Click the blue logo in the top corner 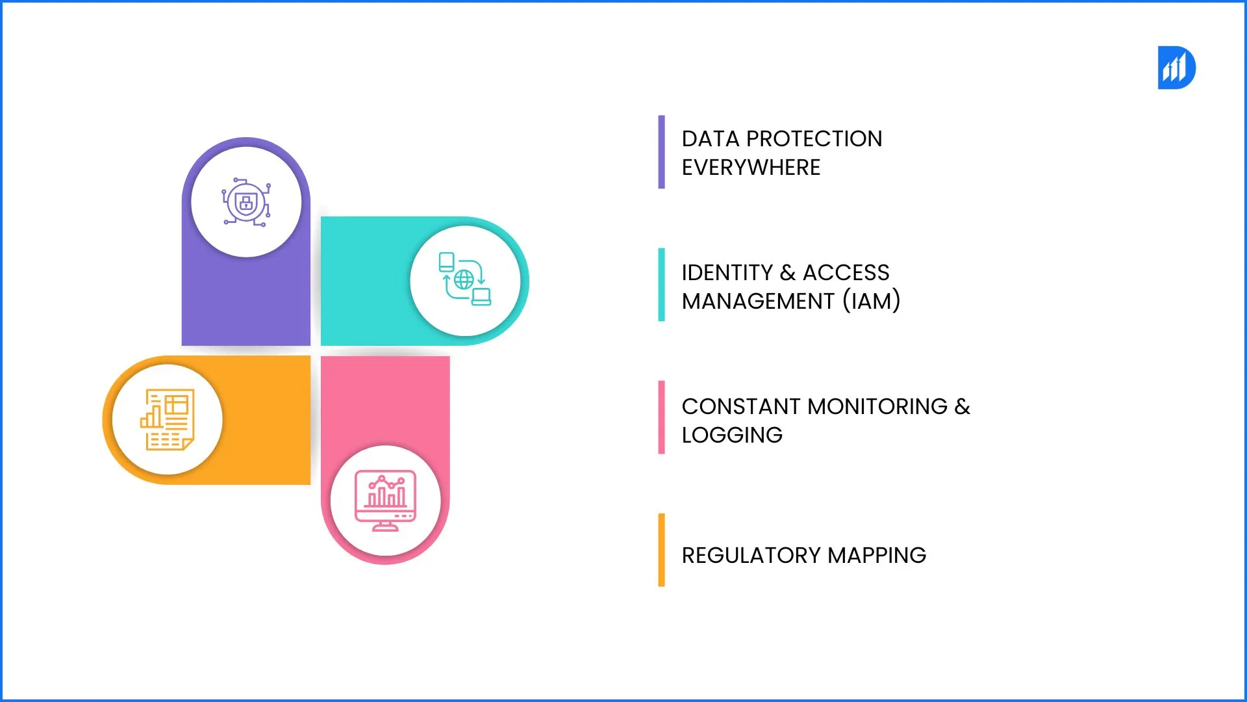click(x=1176, y=68)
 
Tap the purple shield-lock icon click(x=246, y=202)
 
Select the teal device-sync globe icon click(x=464, y=280)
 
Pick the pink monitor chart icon click(x=385, y=500)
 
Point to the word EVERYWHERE click(x=751, y=168)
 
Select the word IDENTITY click(x=727, y=273)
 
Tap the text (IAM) click(x=872, y=302)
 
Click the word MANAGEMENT click(x=757, y=302)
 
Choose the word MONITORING click(x=877, y=407)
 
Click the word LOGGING click(x=732, y=435)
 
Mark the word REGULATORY click(x=751, y=556)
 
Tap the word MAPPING click(x=877, y=556)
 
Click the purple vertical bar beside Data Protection click(x=661, y=152)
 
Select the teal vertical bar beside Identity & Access click(x=661, y=285)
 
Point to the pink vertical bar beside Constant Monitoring click(x=661, y=417)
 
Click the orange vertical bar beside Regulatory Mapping click(x=661, y=550)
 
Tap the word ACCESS click(x=846, y=273)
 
